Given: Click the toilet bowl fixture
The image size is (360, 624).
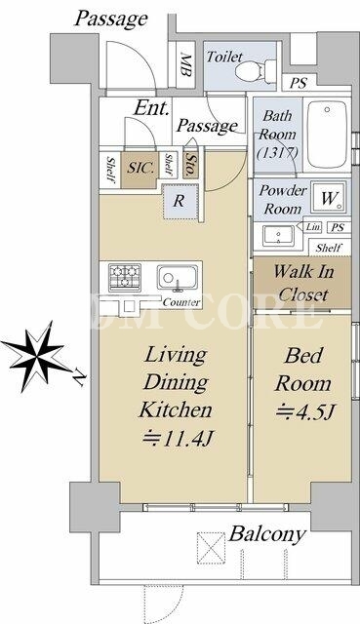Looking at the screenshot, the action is (255, 71).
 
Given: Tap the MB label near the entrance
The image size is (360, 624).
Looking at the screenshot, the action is (186, 64).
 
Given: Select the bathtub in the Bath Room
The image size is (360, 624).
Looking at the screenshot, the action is (328, 135).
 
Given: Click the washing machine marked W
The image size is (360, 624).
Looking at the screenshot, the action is (329, 198).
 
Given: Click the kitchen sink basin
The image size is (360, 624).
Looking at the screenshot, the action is (178, 277).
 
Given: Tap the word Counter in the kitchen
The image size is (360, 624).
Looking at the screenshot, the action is (181, 302).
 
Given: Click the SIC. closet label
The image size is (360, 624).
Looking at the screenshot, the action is (140, 168).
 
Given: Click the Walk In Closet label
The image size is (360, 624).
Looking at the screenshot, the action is (302, 283).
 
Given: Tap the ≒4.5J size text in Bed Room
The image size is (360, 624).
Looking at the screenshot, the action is (303, 411).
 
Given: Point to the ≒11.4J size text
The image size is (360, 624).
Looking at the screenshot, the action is (179, 439).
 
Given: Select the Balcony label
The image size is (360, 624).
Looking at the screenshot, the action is (267, 534).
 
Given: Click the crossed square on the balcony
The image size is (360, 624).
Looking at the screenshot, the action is (211, 548).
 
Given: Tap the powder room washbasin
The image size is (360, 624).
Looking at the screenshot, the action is (279, 235).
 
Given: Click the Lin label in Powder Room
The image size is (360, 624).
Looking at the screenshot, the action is (313, 227).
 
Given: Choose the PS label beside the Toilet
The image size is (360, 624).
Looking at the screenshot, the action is (298, 83).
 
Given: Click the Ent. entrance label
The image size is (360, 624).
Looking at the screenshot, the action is (152, 107).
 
